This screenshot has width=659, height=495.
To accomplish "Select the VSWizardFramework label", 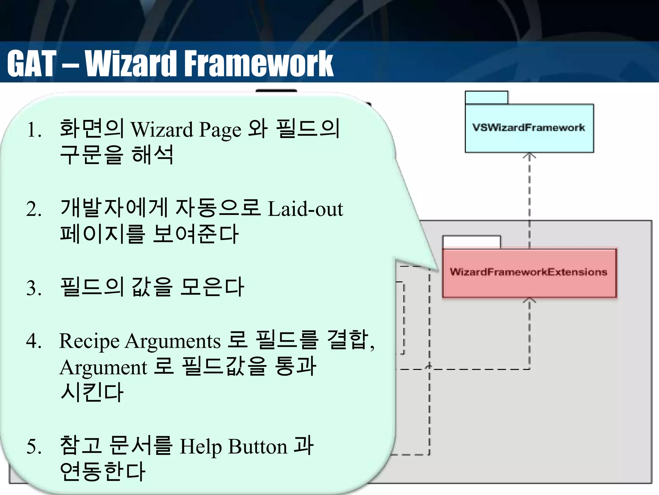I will (x=528, y=128).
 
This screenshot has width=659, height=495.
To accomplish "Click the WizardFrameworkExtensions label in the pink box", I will (x=528, y=272).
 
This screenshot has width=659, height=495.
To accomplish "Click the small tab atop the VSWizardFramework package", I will (x=486, y=98).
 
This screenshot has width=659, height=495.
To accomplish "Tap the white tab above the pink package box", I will (x=471, y=242).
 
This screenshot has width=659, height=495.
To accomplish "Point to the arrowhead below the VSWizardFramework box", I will (x=529, y=156).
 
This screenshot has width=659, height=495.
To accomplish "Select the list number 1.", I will (x=34, y=131).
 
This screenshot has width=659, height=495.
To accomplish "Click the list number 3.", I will (x=34, y=288).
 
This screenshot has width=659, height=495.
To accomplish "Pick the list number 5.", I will (x=34, y=447).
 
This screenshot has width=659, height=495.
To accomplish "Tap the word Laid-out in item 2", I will (x=305, y=209).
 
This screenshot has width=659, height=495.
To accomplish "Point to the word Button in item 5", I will (x=257, y=447).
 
